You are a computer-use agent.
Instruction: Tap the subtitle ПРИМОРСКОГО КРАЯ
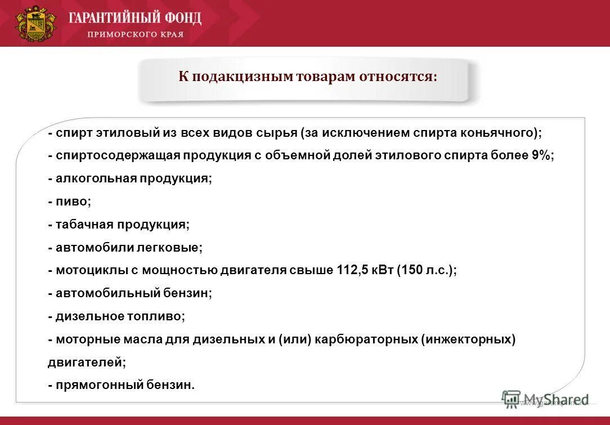tap(135, 34)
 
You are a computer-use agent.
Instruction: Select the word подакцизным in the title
tap(240, 77)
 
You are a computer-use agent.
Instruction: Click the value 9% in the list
tap(541, 156)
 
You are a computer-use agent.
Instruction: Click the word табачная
tap(84, 225)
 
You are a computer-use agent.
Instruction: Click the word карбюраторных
tap(365, 339)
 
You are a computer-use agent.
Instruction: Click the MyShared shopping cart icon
tap(511, 399)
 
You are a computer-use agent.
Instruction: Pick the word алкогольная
tap(91, 179)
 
